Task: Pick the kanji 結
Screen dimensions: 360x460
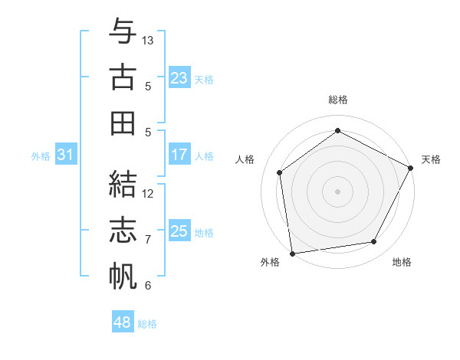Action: tap(122, 185)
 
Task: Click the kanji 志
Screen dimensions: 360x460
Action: tap(122, 231)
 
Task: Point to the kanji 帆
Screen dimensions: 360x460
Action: tap(122, 277)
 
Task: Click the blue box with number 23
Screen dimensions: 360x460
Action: tap(179, 78)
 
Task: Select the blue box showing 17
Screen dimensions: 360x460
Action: tap(179, 155)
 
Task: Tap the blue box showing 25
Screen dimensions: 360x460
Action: tap(179, 231)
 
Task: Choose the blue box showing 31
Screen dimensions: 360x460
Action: tap(65, 155)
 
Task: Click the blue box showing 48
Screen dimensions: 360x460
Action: tap(122, 322)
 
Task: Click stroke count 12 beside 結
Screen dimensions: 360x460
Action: tap(148, 194)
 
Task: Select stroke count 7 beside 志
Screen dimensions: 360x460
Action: tap(148, 240)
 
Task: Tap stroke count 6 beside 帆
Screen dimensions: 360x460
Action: tap(148, 286)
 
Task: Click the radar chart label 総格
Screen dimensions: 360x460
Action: tap(337, 100)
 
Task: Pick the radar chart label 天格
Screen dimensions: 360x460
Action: tap(431, 159)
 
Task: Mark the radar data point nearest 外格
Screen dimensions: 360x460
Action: tap(291, 253)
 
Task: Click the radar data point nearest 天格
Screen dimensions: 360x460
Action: tap(411, 167)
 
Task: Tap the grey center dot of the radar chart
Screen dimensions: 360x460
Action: tap(337, 191)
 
